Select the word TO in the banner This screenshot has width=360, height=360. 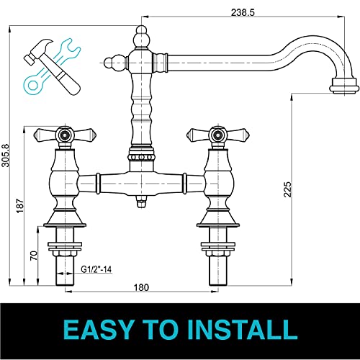(x=165, y=330)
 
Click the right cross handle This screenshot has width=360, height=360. (x=214, y=135)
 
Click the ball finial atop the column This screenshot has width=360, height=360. (x=141, y=32)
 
